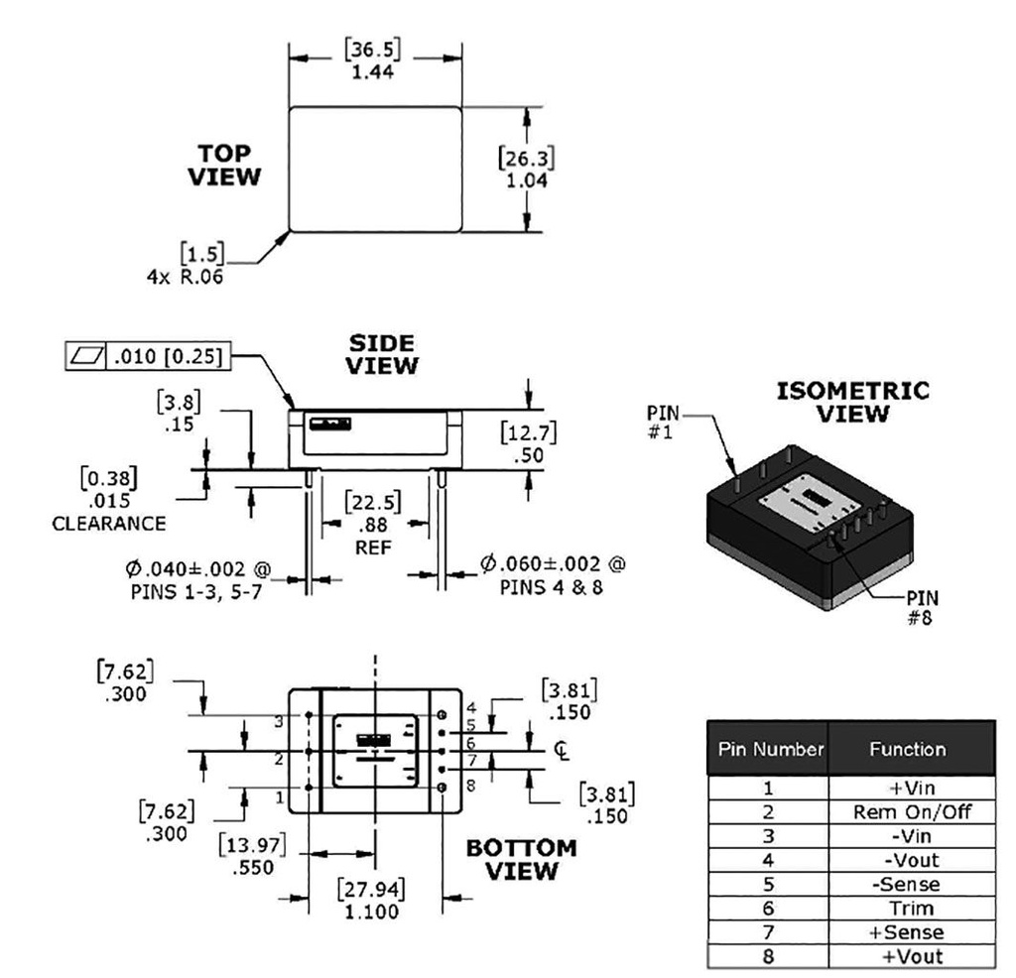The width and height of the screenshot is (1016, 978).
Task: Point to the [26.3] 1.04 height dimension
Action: click(x=527, y=169)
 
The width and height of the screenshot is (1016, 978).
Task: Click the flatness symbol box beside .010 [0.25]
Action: click(x=82, y=355)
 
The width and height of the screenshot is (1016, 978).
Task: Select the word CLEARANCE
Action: click(x=109, y=523)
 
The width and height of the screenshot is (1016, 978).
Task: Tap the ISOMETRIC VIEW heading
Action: click(x=853, y=402)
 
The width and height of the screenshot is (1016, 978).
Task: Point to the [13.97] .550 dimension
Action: click(x=253, y=854)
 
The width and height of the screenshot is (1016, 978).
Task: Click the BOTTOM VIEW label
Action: click(x=521, y=860)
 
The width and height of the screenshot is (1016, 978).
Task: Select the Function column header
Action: click(x=911, y=749)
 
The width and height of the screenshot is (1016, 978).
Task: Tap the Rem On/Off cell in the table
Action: click(x=911, y=812)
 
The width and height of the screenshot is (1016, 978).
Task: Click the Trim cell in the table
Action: click(x=911, y=908)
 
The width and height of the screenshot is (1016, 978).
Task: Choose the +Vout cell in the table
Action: click(x=911, y=956)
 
